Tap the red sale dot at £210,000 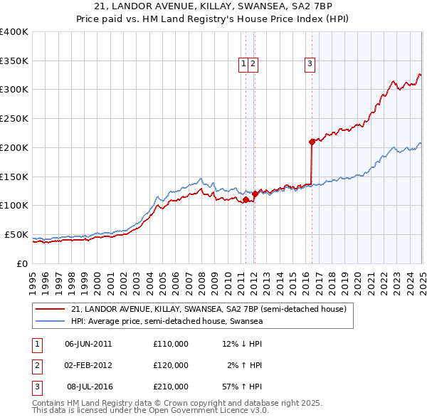coord(312,142)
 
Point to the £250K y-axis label coord(14,119)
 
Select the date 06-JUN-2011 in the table coord(88,344)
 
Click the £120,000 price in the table coord(171,365)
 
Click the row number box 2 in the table coord(36,365)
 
